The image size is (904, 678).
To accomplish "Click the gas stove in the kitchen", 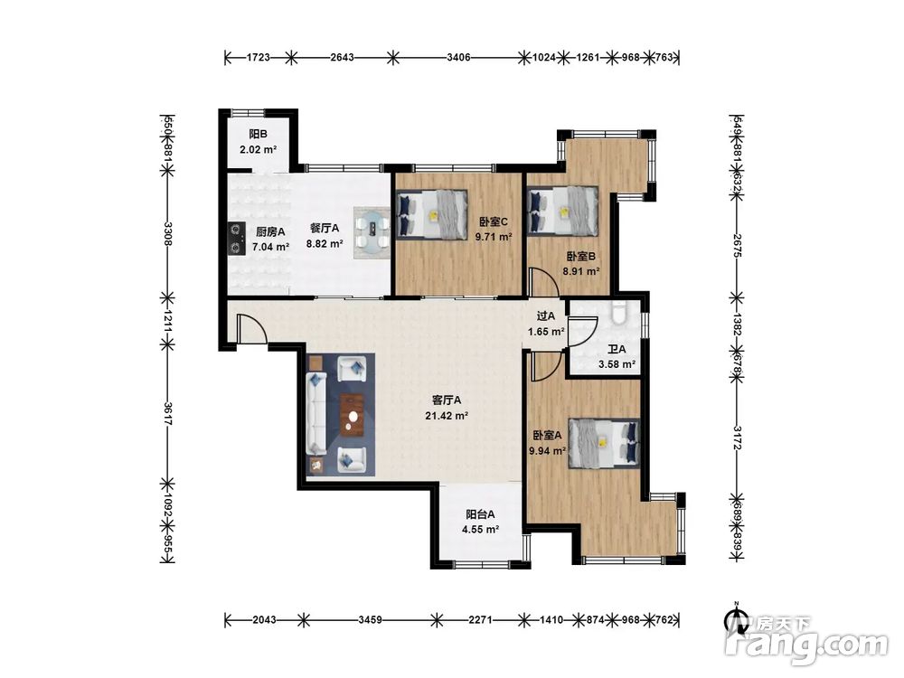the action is click(x=235, y=239).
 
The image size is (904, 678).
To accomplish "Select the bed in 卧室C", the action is click(x=432, y=214).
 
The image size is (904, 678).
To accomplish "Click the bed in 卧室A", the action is click(x=604, y=442).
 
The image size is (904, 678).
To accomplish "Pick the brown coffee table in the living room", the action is click(x=352, y=415).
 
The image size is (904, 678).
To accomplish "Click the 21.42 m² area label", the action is click(x=447, y=415).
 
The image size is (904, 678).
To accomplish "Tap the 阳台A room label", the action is click(x=480, y=514).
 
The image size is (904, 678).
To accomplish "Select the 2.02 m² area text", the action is click(x=259, y=149).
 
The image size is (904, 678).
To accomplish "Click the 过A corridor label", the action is click(x=545, y=315).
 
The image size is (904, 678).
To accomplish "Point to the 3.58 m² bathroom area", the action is click(x=617, y=364).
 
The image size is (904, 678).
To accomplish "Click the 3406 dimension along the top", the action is click(x=458, y=57).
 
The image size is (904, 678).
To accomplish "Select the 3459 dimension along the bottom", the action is click(x=370, y=620).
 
